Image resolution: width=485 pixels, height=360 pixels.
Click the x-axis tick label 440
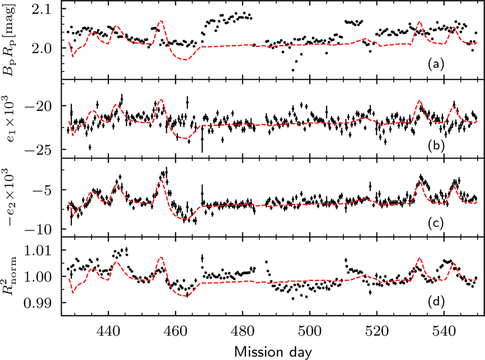click(108, 332)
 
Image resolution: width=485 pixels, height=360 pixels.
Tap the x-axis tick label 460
click(175, 332)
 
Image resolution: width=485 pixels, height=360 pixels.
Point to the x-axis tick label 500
click(310, 332)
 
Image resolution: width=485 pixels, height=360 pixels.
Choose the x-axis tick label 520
click(377, 332)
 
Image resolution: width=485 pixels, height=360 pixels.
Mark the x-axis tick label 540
click(444, 332)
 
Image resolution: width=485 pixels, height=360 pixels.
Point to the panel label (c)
click(436, 223)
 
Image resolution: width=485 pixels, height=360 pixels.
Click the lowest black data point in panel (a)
click(293, 70)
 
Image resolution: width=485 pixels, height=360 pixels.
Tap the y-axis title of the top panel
click(9, 40)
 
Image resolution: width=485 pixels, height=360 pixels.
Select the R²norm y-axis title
click(10, 276)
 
